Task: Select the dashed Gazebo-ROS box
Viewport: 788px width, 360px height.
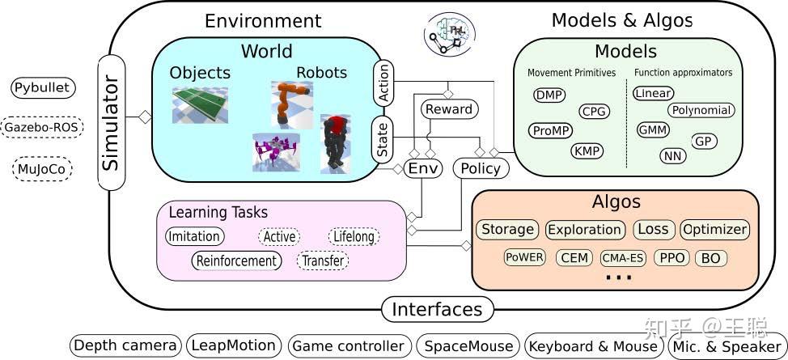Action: (43, 127)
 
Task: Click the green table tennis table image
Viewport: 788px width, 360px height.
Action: (199, 105)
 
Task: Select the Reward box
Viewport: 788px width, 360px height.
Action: (449, 108)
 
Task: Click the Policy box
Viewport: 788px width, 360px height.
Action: (481, 168)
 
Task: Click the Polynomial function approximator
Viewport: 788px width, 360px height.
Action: (701, 110)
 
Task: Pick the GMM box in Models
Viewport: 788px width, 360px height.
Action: (652, 129)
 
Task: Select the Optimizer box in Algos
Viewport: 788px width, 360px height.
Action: (714, 229)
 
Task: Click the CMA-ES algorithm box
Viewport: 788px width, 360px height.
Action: (623, 258)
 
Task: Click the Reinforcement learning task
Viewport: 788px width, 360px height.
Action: (237, 260)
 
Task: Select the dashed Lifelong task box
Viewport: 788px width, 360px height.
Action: (354, 236)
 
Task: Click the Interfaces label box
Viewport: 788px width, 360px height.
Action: (437, 309)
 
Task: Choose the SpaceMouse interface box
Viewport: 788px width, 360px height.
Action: (468, 345)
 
